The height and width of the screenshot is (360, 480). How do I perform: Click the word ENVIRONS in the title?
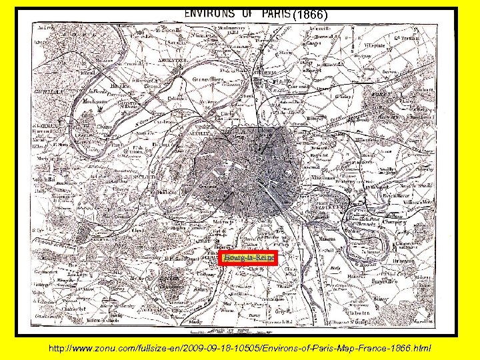click(209, 13)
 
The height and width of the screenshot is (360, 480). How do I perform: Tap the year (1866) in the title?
click(310, 13)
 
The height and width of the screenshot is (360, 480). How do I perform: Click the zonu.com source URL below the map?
click(239, 348)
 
